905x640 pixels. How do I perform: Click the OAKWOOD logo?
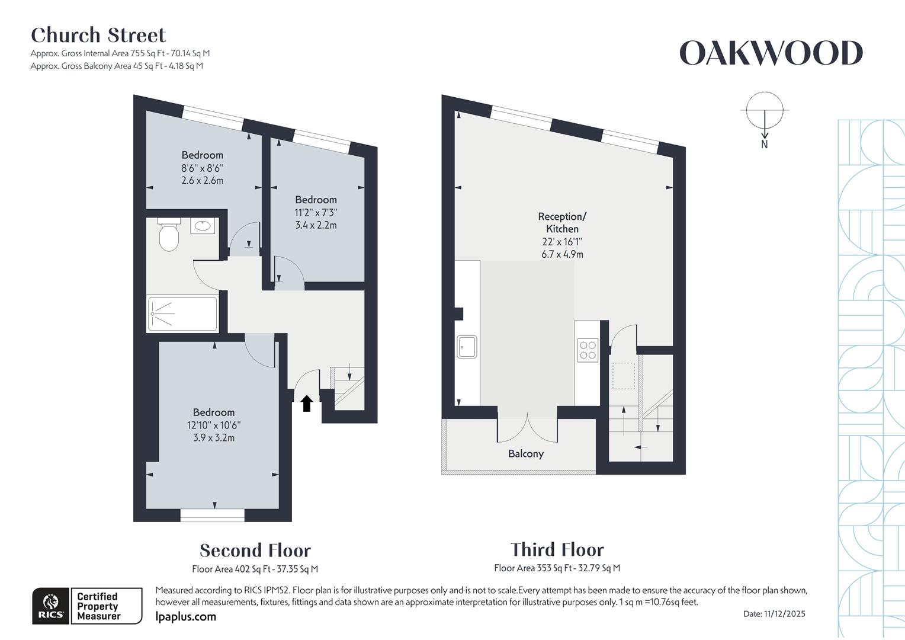[771, 53]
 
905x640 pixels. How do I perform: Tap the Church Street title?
[98, 36]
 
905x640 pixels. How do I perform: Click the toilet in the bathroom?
[169, 236]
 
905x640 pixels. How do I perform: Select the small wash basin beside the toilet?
[203, 226]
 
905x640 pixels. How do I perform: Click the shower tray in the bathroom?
[182, 313]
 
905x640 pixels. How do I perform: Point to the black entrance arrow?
[306, 404]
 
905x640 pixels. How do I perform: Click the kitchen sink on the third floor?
[467, 347]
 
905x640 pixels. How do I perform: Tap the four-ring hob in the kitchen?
[588, 350]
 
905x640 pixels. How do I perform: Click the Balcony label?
[525, 454]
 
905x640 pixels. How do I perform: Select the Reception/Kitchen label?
[562, 223]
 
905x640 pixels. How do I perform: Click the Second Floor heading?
[255, 551]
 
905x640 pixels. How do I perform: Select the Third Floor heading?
[557, 549]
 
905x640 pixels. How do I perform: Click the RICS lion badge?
[52, 606]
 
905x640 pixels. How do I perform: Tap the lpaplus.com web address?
[185, 617]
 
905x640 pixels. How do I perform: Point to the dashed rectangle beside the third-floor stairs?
[623, 376]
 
